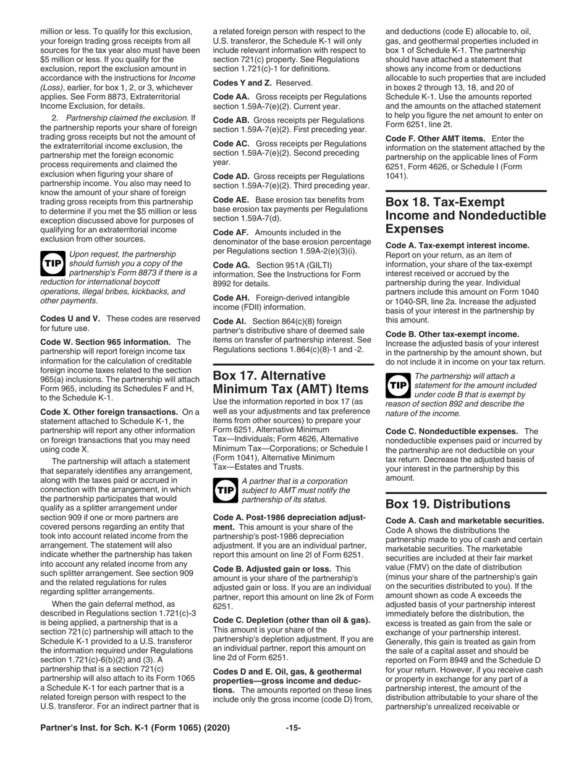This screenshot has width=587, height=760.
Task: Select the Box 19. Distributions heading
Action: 448,504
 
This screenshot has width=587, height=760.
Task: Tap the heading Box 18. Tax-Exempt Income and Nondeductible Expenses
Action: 465,216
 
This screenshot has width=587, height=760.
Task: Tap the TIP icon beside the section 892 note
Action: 397,385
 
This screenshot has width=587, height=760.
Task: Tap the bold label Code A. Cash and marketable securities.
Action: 465,520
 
